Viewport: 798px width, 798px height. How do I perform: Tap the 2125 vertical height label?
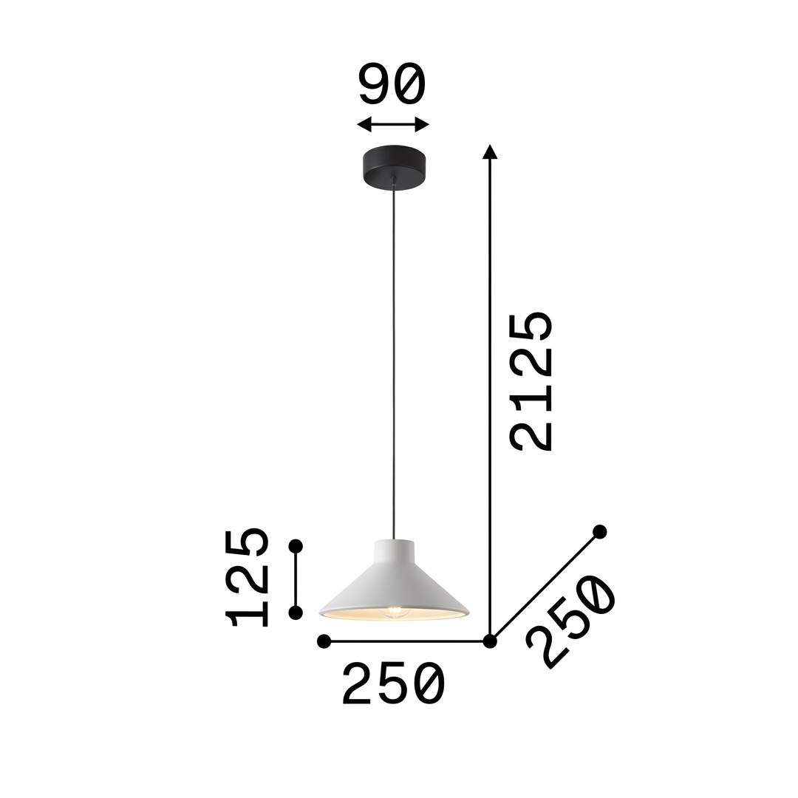[532, 381]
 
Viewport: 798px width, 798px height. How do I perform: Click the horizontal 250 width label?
[393, 683]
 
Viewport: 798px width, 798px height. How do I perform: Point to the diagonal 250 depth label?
[570, 621]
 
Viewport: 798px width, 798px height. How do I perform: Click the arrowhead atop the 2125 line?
[490, 151]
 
